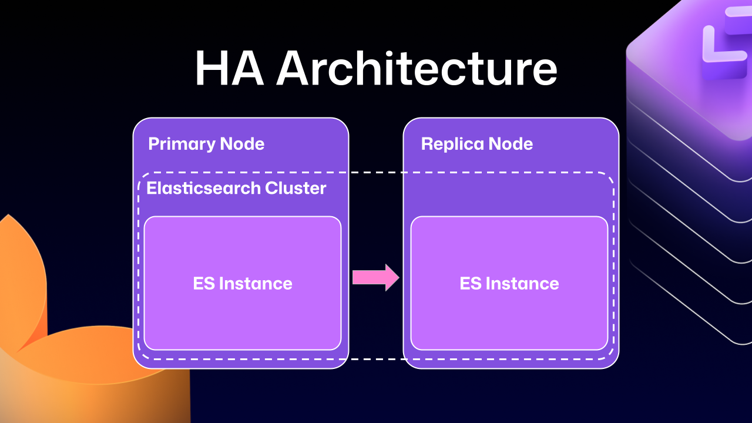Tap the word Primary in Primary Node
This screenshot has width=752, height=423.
tap(181, 144)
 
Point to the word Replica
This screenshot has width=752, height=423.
tap(452, 144)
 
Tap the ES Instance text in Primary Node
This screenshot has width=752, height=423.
tap(243, 284)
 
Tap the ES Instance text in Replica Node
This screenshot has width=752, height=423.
tap(509, 284)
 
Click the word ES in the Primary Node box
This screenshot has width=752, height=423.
tap(203, 284)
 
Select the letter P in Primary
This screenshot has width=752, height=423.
tap(153, 144)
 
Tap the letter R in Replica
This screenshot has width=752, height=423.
tap(427, 144)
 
